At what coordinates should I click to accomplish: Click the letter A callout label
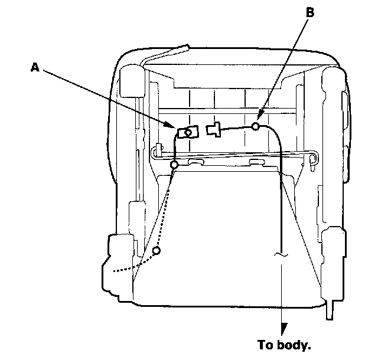click(36, 68)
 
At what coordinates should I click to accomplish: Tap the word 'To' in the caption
click(266, 343)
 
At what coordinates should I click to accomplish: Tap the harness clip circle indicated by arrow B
click(256, 126)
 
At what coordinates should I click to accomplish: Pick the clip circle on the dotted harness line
click(156, 251)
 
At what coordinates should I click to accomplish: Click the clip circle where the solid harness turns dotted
click(174, 165)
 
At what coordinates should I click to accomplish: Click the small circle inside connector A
click(188, 132)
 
